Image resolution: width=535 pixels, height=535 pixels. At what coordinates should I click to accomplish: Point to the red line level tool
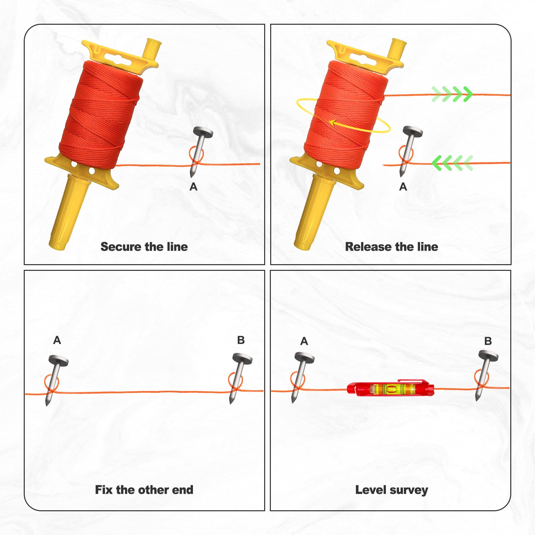[391, 388]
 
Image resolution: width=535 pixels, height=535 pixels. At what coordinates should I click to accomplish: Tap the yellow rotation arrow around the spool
[343, 116]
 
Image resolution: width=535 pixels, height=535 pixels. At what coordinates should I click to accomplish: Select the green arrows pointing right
[452, 94]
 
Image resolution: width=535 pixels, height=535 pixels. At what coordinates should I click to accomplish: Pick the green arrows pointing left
[452, 163]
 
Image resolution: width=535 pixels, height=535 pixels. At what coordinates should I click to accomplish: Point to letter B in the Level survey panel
[488, 341]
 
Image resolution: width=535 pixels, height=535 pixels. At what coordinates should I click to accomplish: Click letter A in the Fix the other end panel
[57, 340]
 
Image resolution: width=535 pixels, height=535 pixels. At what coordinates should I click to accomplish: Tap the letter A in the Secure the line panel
[193, 187]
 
